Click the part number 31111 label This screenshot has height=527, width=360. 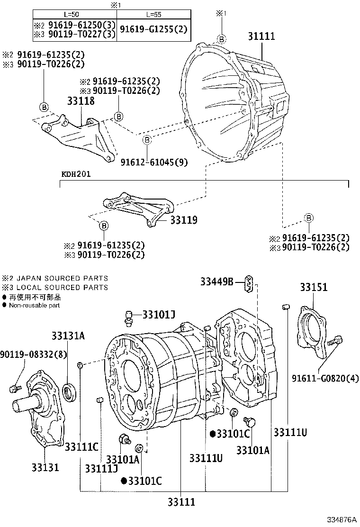[x=261, y=37]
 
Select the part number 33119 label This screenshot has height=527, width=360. [x=184, y=220]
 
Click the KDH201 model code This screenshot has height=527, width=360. [x=76, y=174]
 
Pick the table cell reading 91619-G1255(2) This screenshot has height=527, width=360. [x=153, y=29]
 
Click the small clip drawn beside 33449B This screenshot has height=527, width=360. [x=250, y=283]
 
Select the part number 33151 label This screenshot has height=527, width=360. [x=314, y=288]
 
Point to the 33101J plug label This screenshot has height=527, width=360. [x=159, y=315]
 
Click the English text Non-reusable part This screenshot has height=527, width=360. [x=34, y=306]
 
